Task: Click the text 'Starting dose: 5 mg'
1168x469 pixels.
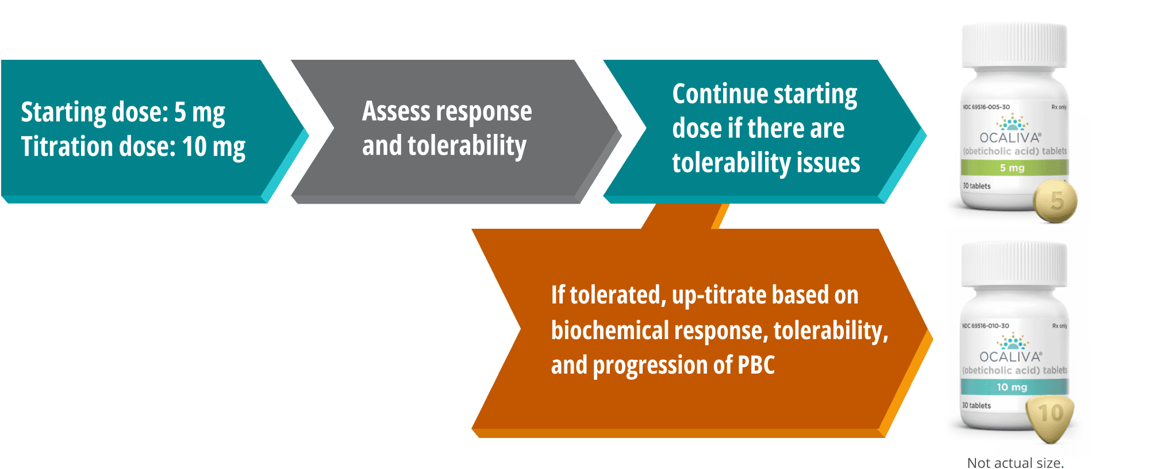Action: click(123, 113)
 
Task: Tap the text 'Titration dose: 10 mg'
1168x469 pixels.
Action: click(133, 147)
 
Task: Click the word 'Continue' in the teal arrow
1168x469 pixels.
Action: click(724, 94)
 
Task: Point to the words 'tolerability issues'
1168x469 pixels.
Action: click(766, 163)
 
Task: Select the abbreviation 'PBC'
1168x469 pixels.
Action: click(756, 365)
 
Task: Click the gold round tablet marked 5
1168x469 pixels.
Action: click(1055, 201)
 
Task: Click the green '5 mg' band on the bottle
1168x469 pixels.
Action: click(1014, 168)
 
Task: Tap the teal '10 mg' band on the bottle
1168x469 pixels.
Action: click(1014, 387)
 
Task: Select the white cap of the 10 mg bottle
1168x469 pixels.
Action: click(1015, 264)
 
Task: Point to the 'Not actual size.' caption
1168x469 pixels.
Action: click(1016, 463)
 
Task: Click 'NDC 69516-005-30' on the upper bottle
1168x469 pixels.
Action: click(986, 107)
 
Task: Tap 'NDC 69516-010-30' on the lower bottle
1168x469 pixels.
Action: click(985, 326)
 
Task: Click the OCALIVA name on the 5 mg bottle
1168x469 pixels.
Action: click(1011, 138)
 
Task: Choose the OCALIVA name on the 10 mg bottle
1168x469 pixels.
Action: click(1011, 357)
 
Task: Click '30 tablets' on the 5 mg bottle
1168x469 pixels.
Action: click(977, 186)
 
